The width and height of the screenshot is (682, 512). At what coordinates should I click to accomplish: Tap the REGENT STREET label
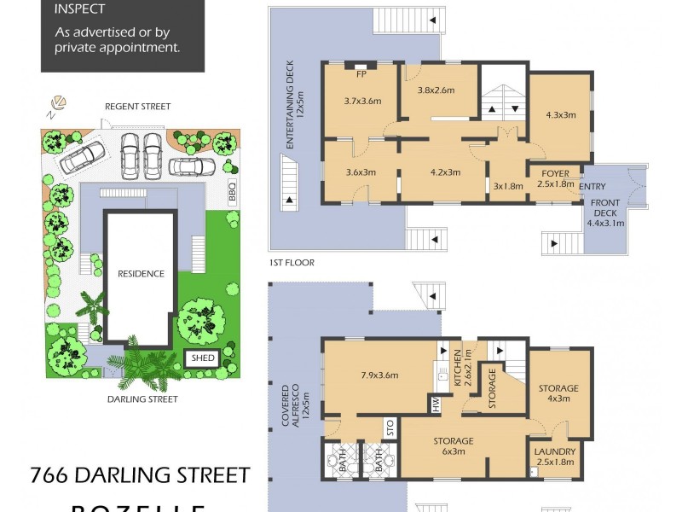coord(137,107)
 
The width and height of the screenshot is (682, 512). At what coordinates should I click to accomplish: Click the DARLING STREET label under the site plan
coord(143,399)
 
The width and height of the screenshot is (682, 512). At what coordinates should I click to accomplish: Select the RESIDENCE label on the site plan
coord(141,274)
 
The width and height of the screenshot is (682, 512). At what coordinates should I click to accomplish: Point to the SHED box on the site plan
coord(203,358)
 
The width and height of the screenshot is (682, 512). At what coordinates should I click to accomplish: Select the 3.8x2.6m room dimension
coord(436,90)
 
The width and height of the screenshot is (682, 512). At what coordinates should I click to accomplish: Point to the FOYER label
coord(553,173)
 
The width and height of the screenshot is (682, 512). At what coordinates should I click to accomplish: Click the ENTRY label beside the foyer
coord(592,186)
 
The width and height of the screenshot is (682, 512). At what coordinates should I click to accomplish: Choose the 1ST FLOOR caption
coord(286,263)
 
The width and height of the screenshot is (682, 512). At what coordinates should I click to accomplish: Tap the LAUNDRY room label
coord(554,452)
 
